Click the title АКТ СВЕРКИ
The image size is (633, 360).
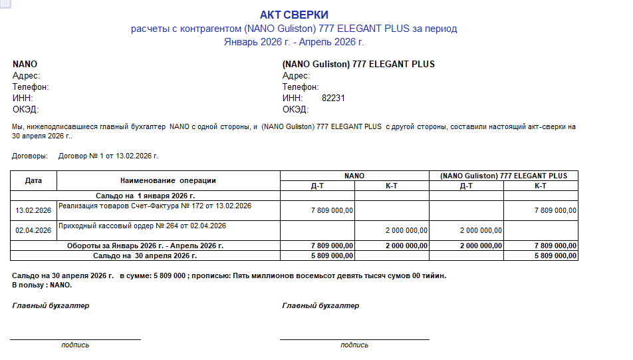[x=294, y=15]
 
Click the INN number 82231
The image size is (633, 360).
[x=333, y=98]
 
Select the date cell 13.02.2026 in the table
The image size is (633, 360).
[x=33, y=211]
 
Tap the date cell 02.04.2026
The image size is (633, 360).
[x=33, y=230]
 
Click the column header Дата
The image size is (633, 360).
[x=33, y=180]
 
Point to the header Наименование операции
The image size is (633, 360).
[x=168, y=180]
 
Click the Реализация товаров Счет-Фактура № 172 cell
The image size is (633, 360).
[x=155, y=206]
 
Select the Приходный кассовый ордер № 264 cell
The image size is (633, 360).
[x=142, y=226]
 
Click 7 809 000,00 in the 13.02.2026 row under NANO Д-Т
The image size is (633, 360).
[x=332, y=211]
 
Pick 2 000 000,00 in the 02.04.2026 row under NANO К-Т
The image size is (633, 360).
[x=406, y=230]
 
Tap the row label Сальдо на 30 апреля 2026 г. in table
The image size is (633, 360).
[x=145, y=256]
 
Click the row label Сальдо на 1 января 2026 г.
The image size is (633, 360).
[x=145, y=196]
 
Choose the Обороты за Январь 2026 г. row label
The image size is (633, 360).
[x=145, y=246]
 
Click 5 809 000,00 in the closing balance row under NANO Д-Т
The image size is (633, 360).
[x=332, y=256]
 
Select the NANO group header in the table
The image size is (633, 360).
[x=354, y=176]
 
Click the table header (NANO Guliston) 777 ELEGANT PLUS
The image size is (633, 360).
[x=503, y=176]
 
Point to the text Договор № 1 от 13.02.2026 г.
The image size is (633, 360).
[x=108, y=156]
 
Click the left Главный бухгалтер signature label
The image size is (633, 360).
[x=51, y=305]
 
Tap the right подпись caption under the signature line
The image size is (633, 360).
[x=354, y=345]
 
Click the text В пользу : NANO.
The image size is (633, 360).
[x=42, y=285]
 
